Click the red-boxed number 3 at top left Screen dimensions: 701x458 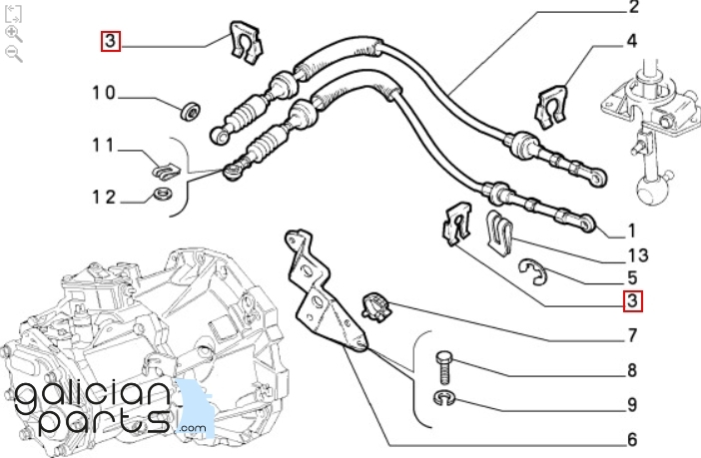[111, 41]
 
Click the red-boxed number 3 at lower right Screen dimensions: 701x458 [633, 300]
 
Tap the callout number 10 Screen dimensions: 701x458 [104, 93]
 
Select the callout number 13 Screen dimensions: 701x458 [638, 255]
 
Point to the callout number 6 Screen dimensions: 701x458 [632, 439]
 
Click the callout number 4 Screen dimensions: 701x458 [631, 41]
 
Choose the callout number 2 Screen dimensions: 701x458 [633, 7]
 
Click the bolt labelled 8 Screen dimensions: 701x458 [444, 367]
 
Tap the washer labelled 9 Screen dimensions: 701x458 [443, 398]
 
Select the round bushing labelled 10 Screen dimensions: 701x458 [191, 111]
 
